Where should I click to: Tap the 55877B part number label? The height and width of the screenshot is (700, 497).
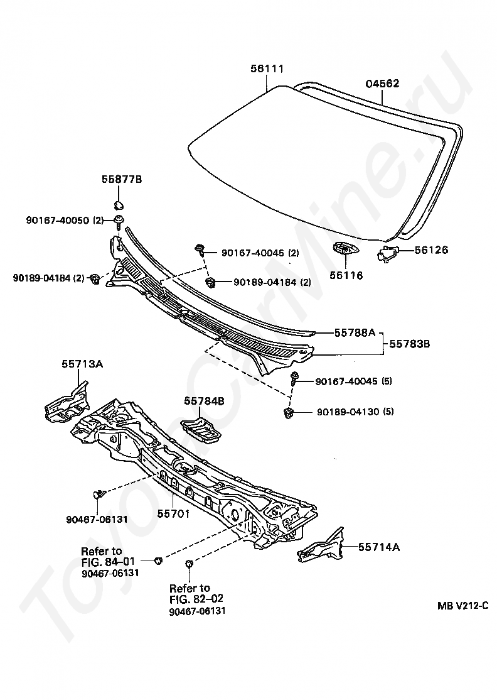(x=122, y=180)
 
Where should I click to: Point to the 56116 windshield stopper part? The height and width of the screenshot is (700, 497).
(x=345, y=250)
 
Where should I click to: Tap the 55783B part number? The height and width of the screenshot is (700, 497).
(x=409, y=344)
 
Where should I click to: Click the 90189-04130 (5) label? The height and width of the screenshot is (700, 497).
(x=355, y=412)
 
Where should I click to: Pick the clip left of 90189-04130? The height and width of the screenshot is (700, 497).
(x=289, y=413)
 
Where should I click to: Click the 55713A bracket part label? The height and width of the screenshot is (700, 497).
(x=82, y=363)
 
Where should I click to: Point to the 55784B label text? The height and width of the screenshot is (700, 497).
(x=204, y=400)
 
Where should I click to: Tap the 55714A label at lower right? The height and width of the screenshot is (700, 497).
(x=379, y=547)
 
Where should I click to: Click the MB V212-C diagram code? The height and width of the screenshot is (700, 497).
(x=462, y=606)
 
